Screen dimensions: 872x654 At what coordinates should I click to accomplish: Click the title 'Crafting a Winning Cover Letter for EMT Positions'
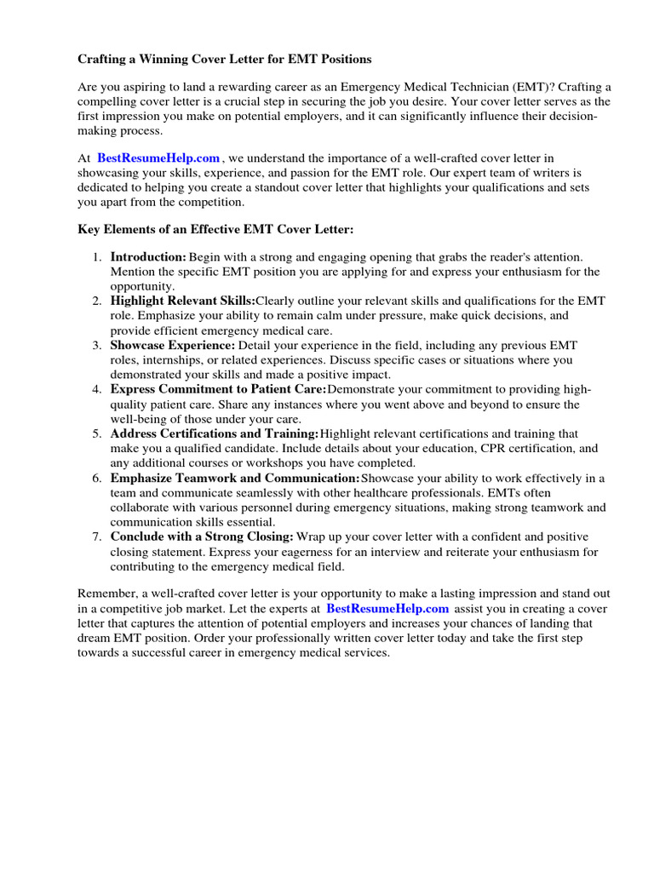(x=225, y=60)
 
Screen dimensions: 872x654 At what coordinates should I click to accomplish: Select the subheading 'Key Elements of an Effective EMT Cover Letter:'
(x=215, y=230)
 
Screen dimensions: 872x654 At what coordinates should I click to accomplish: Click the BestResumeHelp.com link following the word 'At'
(x=158, y=158)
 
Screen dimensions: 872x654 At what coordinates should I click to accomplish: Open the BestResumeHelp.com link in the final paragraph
(x=387, y=609)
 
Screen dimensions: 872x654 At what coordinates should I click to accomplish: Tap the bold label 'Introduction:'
(x=148, y=257)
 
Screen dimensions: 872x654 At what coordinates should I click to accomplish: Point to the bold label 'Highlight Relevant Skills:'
(x=182, y=301)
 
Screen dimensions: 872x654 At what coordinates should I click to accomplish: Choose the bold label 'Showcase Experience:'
(x=173, y=345)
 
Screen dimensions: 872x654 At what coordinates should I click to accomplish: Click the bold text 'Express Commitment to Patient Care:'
(x=218, y=389)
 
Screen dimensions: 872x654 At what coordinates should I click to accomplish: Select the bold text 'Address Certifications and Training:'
(x=215, y=433)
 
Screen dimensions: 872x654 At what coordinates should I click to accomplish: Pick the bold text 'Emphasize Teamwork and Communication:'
(x=235, y=478)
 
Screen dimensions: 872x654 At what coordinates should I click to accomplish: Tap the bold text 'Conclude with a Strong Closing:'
(x=202, y=536)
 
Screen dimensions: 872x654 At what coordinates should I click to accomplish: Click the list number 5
(x=97, y=433)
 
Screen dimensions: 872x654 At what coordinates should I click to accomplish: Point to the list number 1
(x=97, y=257)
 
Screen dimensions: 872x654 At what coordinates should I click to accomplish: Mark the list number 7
(x=97, y=536)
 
